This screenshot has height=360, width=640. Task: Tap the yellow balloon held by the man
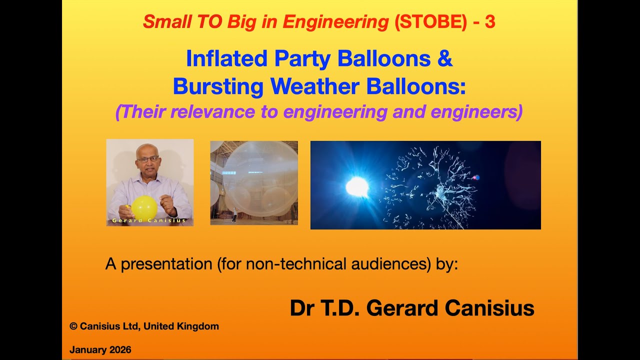pos(144,206)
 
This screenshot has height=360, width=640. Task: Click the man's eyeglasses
pos(148,160)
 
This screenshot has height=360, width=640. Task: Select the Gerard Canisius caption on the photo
pos(149,220)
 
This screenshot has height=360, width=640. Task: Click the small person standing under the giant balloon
pos(234,217)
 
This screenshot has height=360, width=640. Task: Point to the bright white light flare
pos(357,186)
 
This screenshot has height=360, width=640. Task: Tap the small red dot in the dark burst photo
pos(476,177)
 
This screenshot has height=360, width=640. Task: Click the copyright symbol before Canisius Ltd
pos(73,326)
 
